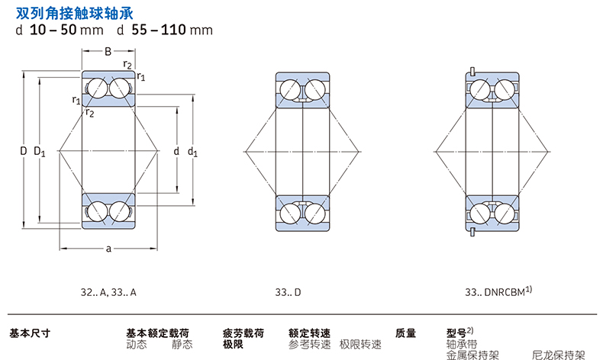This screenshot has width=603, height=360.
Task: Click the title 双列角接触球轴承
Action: point(75,14)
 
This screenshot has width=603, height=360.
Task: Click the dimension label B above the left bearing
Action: point(108,52)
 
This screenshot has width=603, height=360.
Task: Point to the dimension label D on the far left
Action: point(24,151)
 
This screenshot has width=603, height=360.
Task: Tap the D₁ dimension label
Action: point(40,151)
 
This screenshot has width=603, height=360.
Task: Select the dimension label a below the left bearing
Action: point(108,249)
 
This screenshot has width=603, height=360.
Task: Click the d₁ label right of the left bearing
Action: point(192,152)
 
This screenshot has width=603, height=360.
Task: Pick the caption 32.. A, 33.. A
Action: point(108,293)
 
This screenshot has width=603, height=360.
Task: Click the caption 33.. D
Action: point(288,293)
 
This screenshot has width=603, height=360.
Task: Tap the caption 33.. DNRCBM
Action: point(498,291)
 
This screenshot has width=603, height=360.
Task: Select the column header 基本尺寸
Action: point(30,333)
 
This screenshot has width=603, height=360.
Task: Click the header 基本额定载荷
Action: point(158,333)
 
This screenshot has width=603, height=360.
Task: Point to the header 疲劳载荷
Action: point(243,333)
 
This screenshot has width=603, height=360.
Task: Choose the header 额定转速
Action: point(310,333)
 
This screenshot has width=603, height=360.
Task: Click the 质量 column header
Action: point(406,333)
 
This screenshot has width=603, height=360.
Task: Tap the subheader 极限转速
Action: point(360,344)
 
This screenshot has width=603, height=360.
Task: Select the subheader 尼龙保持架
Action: point(559,355)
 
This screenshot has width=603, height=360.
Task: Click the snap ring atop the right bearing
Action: point(472,72)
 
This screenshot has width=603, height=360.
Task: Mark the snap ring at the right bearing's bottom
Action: point(472,232)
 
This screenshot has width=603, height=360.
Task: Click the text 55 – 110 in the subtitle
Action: point(159,30)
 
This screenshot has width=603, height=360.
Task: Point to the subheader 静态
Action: point(182,344)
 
